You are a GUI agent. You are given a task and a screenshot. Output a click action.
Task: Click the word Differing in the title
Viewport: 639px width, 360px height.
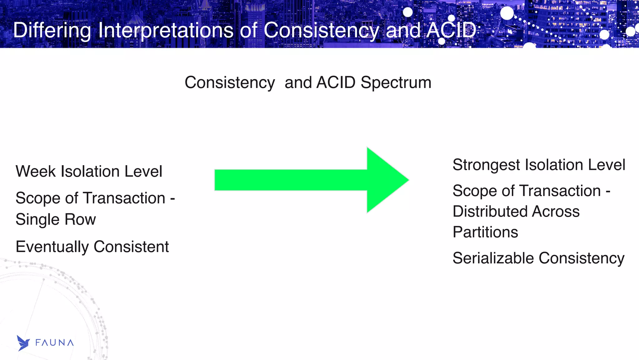pos(52,31)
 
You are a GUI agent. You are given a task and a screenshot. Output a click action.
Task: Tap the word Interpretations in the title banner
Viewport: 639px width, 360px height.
pos(165,31)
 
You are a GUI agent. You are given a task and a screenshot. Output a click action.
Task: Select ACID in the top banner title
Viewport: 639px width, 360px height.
pos(451,31)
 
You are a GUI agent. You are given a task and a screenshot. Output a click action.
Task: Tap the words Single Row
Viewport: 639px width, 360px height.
pos(56,219)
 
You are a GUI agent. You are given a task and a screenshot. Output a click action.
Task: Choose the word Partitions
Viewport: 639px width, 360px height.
pos(485,232)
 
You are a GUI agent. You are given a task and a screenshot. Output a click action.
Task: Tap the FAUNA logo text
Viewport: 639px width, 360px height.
pos(54,343)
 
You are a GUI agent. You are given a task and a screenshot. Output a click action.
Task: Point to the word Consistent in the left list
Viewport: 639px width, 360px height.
pos(131,247)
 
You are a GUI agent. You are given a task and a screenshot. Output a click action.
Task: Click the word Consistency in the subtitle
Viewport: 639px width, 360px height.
pos(230,83)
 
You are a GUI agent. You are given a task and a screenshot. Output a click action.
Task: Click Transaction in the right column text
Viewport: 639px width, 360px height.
pos(560,191)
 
